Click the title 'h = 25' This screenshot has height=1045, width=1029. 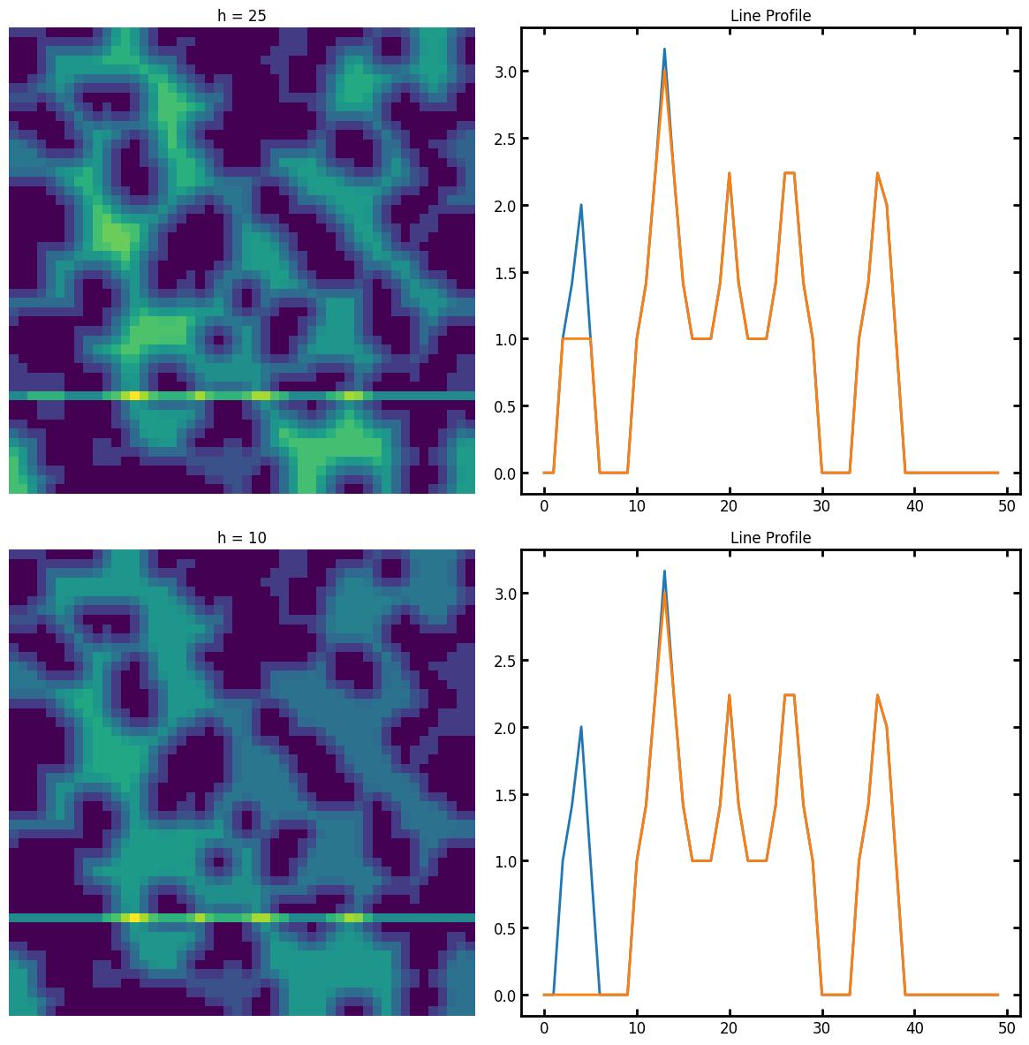[242, 16]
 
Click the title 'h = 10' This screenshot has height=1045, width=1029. [242, 538]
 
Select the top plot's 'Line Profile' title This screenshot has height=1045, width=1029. [770, 16]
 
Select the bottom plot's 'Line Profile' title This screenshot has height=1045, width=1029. [770, 538]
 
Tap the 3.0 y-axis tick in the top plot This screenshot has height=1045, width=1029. [505, 72]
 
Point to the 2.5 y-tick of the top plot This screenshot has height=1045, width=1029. [505, 139]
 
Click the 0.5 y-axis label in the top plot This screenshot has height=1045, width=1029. [505, 406]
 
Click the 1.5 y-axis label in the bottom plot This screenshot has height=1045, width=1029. [505, 795]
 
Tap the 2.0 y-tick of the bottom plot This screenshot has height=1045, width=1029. [505, 728]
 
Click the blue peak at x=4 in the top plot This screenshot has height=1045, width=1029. [581, 205]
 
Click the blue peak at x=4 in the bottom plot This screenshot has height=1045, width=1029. [581, 727]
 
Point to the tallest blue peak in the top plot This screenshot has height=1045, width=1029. [664, 49]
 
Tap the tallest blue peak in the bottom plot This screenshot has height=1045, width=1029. [664, 572]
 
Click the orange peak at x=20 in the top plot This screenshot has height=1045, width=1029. [730, 173]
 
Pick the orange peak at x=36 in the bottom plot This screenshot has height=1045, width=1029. [877, 695]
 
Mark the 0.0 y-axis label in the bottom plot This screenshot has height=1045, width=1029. [505, 996]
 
